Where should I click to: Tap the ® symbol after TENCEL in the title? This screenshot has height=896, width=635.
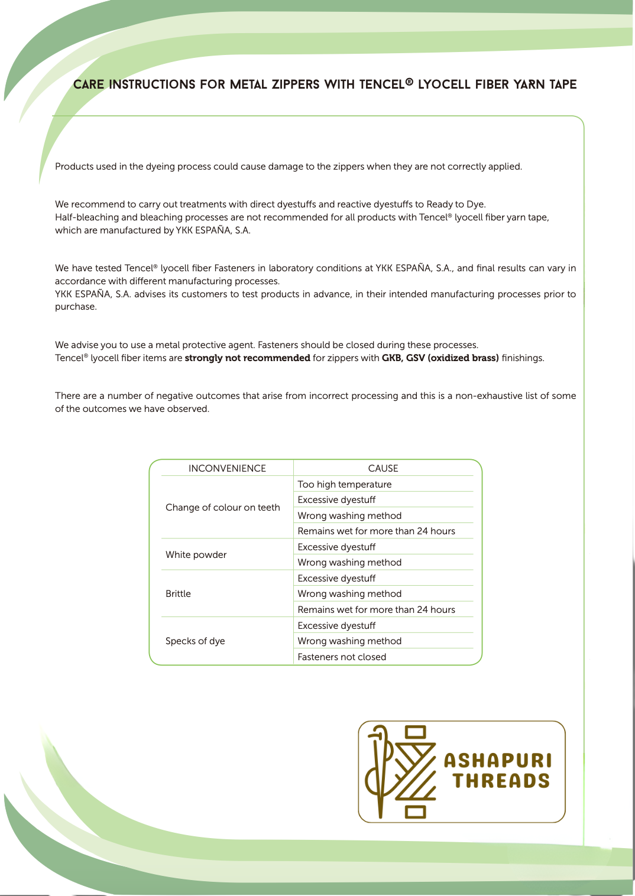[x=409, y=82]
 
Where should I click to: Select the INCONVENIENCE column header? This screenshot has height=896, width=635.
[x=227, y=468]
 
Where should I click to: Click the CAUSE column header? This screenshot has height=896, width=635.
[x=383, y=468]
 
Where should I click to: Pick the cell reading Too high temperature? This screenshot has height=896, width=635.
[x=345, y=484]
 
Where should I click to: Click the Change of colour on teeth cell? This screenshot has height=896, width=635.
[x=223, y=507]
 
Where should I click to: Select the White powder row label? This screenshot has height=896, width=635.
[x=196, y=554]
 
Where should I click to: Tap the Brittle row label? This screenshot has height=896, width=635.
[x=178, y=593]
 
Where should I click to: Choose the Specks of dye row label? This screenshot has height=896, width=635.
[x=195, y=641]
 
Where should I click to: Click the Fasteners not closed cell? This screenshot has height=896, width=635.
[x=342, y=657]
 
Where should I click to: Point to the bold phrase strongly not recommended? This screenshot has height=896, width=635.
[x=247, y=358]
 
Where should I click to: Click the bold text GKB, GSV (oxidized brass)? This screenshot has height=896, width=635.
[x=440, y=358]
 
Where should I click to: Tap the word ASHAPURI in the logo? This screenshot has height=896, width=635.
[x=498, y=760]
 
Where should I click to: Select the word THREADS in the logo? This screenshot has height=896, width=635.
[x=501, y=781]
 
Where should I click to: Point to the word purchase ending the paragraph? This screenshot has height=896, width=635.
[x=75, y=307]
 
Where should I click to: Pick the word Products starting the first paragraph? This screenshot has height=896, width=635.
[x=74, y=166]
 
